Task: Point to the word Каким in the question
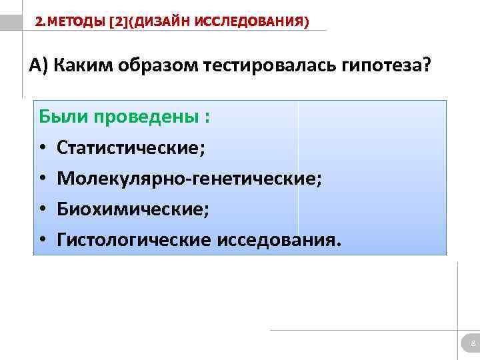coord(83,67)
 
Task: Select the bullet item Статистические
coord(131,148)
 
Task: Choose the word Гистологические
coord(133,240)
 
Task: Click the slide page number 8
coord(473,344)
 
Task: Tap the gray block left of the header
coord(11,21)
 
